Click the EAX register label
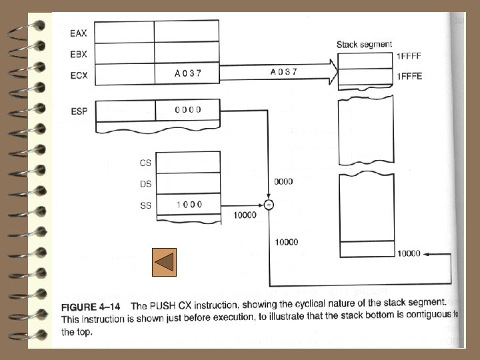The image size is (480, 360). (x=79, y=33)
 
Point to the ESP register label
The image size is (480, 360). (x=79, y=111)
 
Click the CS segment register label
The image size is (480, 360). (x=145, y=162)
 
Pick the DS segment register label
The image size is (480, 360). (x=145, y=183)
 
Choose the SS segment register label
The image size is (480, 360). (x=145, y=205)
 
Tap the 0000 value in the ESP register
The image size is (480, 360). (x=187, y=110)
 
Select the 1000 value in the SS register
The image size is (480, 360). (x=189, y=205)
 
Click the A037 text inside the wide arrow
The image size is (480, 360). (x=284, y=71)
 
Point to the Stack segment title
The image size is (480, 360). (x=364, y=45)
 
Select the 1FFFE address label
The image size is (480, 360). (x=409, y=77)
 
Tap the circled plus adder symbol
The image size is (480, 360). (x=269, y=205)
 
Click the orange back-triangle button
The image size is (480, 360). (x=163, y=262)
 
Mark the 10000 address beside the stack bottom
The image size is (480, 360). (x=409, y=253)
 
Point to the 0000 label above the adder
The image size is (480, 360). (x=284, y=181)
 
